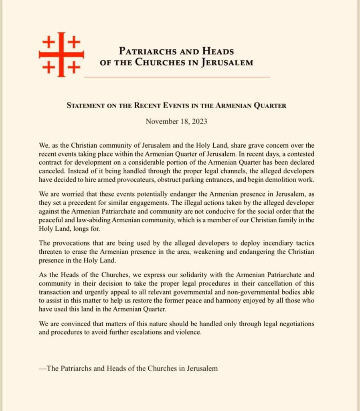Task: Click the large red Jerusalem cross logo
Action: coord(61,54)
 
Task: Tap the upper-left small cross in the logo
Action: coord(48,41)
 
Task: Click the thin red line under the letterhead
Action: coord(176,76)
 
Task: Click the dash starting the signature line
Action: coord(42,368)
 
